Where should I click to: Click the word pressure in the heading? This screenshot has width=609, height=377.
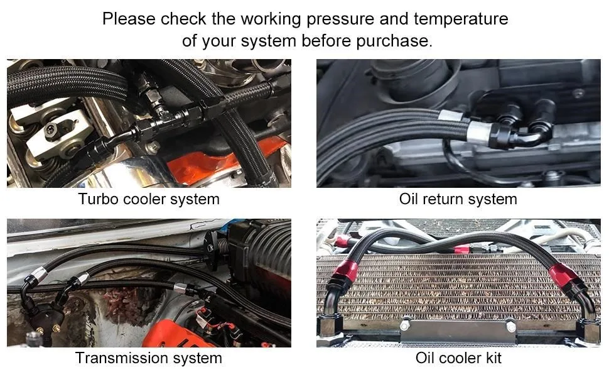340,19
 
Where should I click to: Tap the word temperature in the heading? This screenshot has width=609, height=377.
461,19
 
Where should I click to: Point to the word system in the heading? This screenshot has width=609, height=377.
268,41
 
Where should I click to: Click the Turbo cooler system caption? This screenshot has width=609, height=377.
149,199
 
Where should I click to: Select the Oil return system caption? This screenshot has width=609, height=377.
458,199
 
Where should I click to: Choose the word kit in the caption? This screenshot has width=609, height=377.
492,358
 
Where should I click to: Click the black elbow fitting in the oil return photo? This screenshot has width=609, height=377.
520,134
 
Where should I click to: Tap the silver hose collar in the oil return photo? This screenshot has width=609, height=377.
478,132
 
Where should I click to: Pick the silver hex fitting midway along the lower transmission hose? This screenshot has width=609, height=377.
180,288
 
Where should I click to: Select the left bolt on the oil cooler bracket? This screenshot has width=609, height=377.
406,323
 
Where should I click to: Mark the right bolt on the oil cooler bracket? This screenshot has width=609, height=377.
510,327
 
